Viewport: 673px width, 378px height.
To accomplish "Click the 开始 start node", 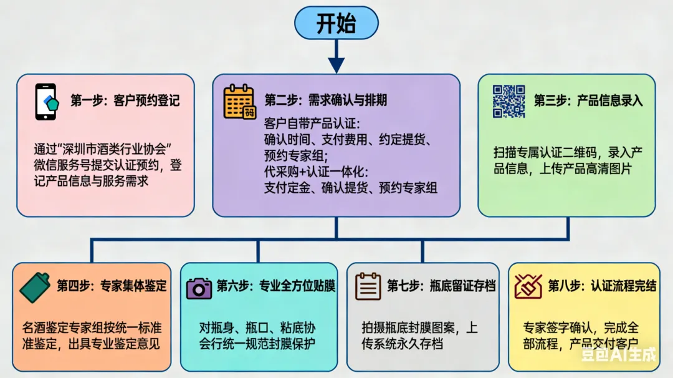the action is (336, 24).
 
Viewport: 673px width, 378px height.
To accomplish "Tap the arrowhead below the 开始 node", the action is (336, 65).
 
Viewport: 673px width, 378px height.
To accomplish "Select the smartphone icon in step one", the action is (46, 102).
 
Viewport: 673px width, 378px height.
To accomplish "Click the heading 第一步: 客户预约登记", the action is (125, 101).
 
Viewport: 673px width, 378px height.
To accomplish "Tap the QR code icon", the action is (509, 101).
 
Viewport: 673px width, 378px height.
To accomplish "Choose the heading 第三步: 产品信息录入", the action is (588, 100).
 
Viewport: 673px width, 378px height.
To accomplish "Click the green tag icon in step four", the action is (36, 287).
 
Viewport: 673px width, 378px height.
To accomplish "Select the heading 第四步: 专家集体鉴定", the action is (112, 286).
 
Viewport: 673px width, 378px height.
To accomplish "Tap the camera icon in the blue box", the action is (199, 288).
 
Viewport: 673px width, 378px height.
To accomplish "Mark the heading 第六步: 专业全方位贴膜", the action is (276, 286).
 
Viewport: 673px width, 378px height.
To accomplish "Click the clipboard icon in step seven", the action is (368, 287).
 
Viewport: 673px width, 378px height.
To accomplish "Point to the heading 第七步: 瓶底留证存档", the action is (441, 286).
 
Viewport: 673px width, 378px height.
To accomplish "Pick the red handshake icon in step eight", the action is (528, 287).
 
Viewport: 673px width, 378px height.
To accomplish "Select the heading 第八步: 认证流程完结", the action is (602, 286).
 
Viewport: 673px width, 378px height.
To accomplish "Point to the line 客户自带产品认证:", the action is (312, 122).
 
